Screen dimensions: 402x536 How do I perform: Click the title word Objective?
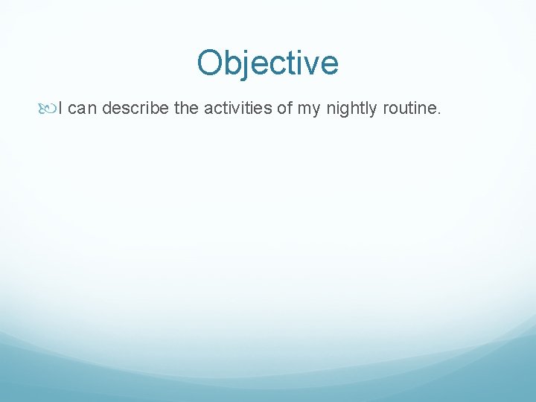tap(268, 63)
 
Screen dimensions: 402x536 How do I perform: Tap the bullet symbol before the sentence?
tap(48, 109)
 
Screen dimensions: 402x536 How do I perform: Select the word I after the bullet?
tap(60, 109)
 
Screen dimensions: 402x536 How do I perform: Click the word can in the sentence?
tap(82, 109)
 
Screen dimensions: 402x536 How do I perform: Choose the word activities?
tap(237, 109)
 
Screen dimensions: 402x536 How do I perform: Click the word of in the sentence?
tap(284, 109)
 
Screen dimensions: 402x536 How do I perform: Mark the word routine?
tap(410, 109)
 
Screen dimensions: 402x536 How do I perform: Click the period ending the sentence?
tap(440, 114)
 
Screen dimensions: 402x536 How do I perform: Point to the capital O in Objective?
tap(211, 63)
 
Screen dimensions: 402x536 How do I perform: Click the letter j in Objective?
tap(248, 65)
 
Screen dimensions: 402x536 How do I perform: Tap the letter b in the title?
tap(234, 63)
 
